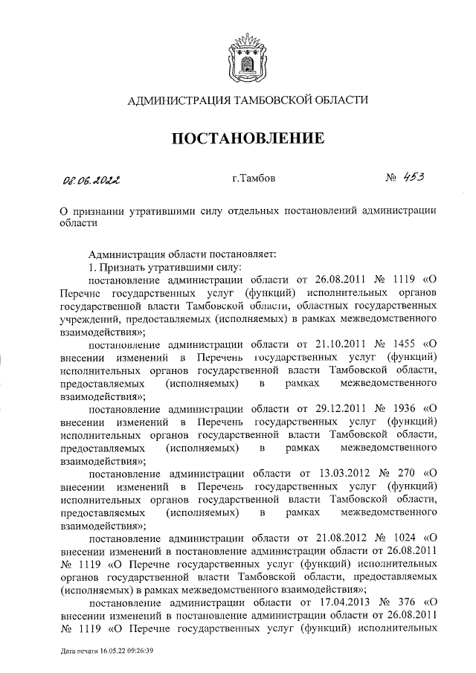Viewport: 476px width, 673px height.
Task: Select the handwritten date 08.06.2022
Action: point(91,178)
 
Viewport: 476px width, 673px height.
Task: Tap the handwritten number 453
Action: point(414,177)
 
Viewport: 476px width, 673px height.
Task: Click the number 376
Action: point(402,600)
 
